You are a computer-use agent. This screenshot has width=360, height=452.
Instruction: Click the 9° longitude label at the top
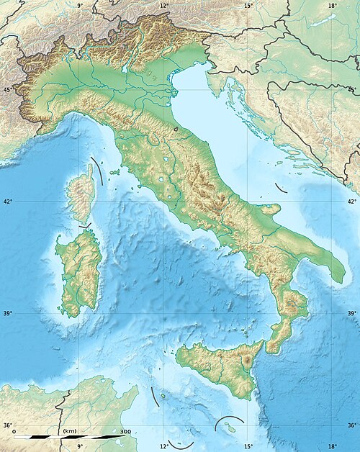(x=80, y=5)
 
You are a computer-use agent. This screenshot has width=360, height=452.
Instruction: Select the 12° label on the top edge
(x=164, y=5)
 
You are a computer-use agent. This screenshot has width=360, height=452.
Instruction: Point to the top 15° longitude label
(x=248, y=5)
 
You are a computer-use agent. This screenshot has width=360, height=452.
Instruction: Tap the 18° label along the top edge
(x=332, y=5)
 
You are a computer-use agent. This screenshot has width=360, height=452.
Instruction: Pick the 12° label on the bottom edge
(x=164, y=446)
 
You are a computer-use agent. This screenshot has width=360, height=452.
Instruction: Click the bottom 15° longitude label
(x=248, y=446)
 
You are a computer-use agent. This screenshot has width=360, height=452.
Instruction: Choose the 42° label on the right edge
(x=352, y=202)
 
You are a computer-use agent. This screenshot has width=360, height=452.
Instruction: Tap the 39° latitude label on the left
(x=8, y=313)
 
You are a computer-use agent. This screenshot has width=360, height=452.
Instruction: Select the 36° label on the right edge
(x=352, y=425)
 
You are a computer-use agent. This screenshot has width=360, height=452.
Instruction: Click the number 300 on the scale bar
(x=125, y=431)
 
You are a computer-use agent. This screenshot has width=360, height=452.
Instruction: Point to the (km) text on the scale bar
(x=70, y=431)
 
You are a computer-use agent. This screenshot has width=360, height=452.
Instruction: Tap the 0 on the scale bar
(x=14, y=431)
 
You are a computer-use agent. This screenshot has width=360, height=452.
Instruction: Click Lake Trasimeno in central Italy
(x=166, y=160)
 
